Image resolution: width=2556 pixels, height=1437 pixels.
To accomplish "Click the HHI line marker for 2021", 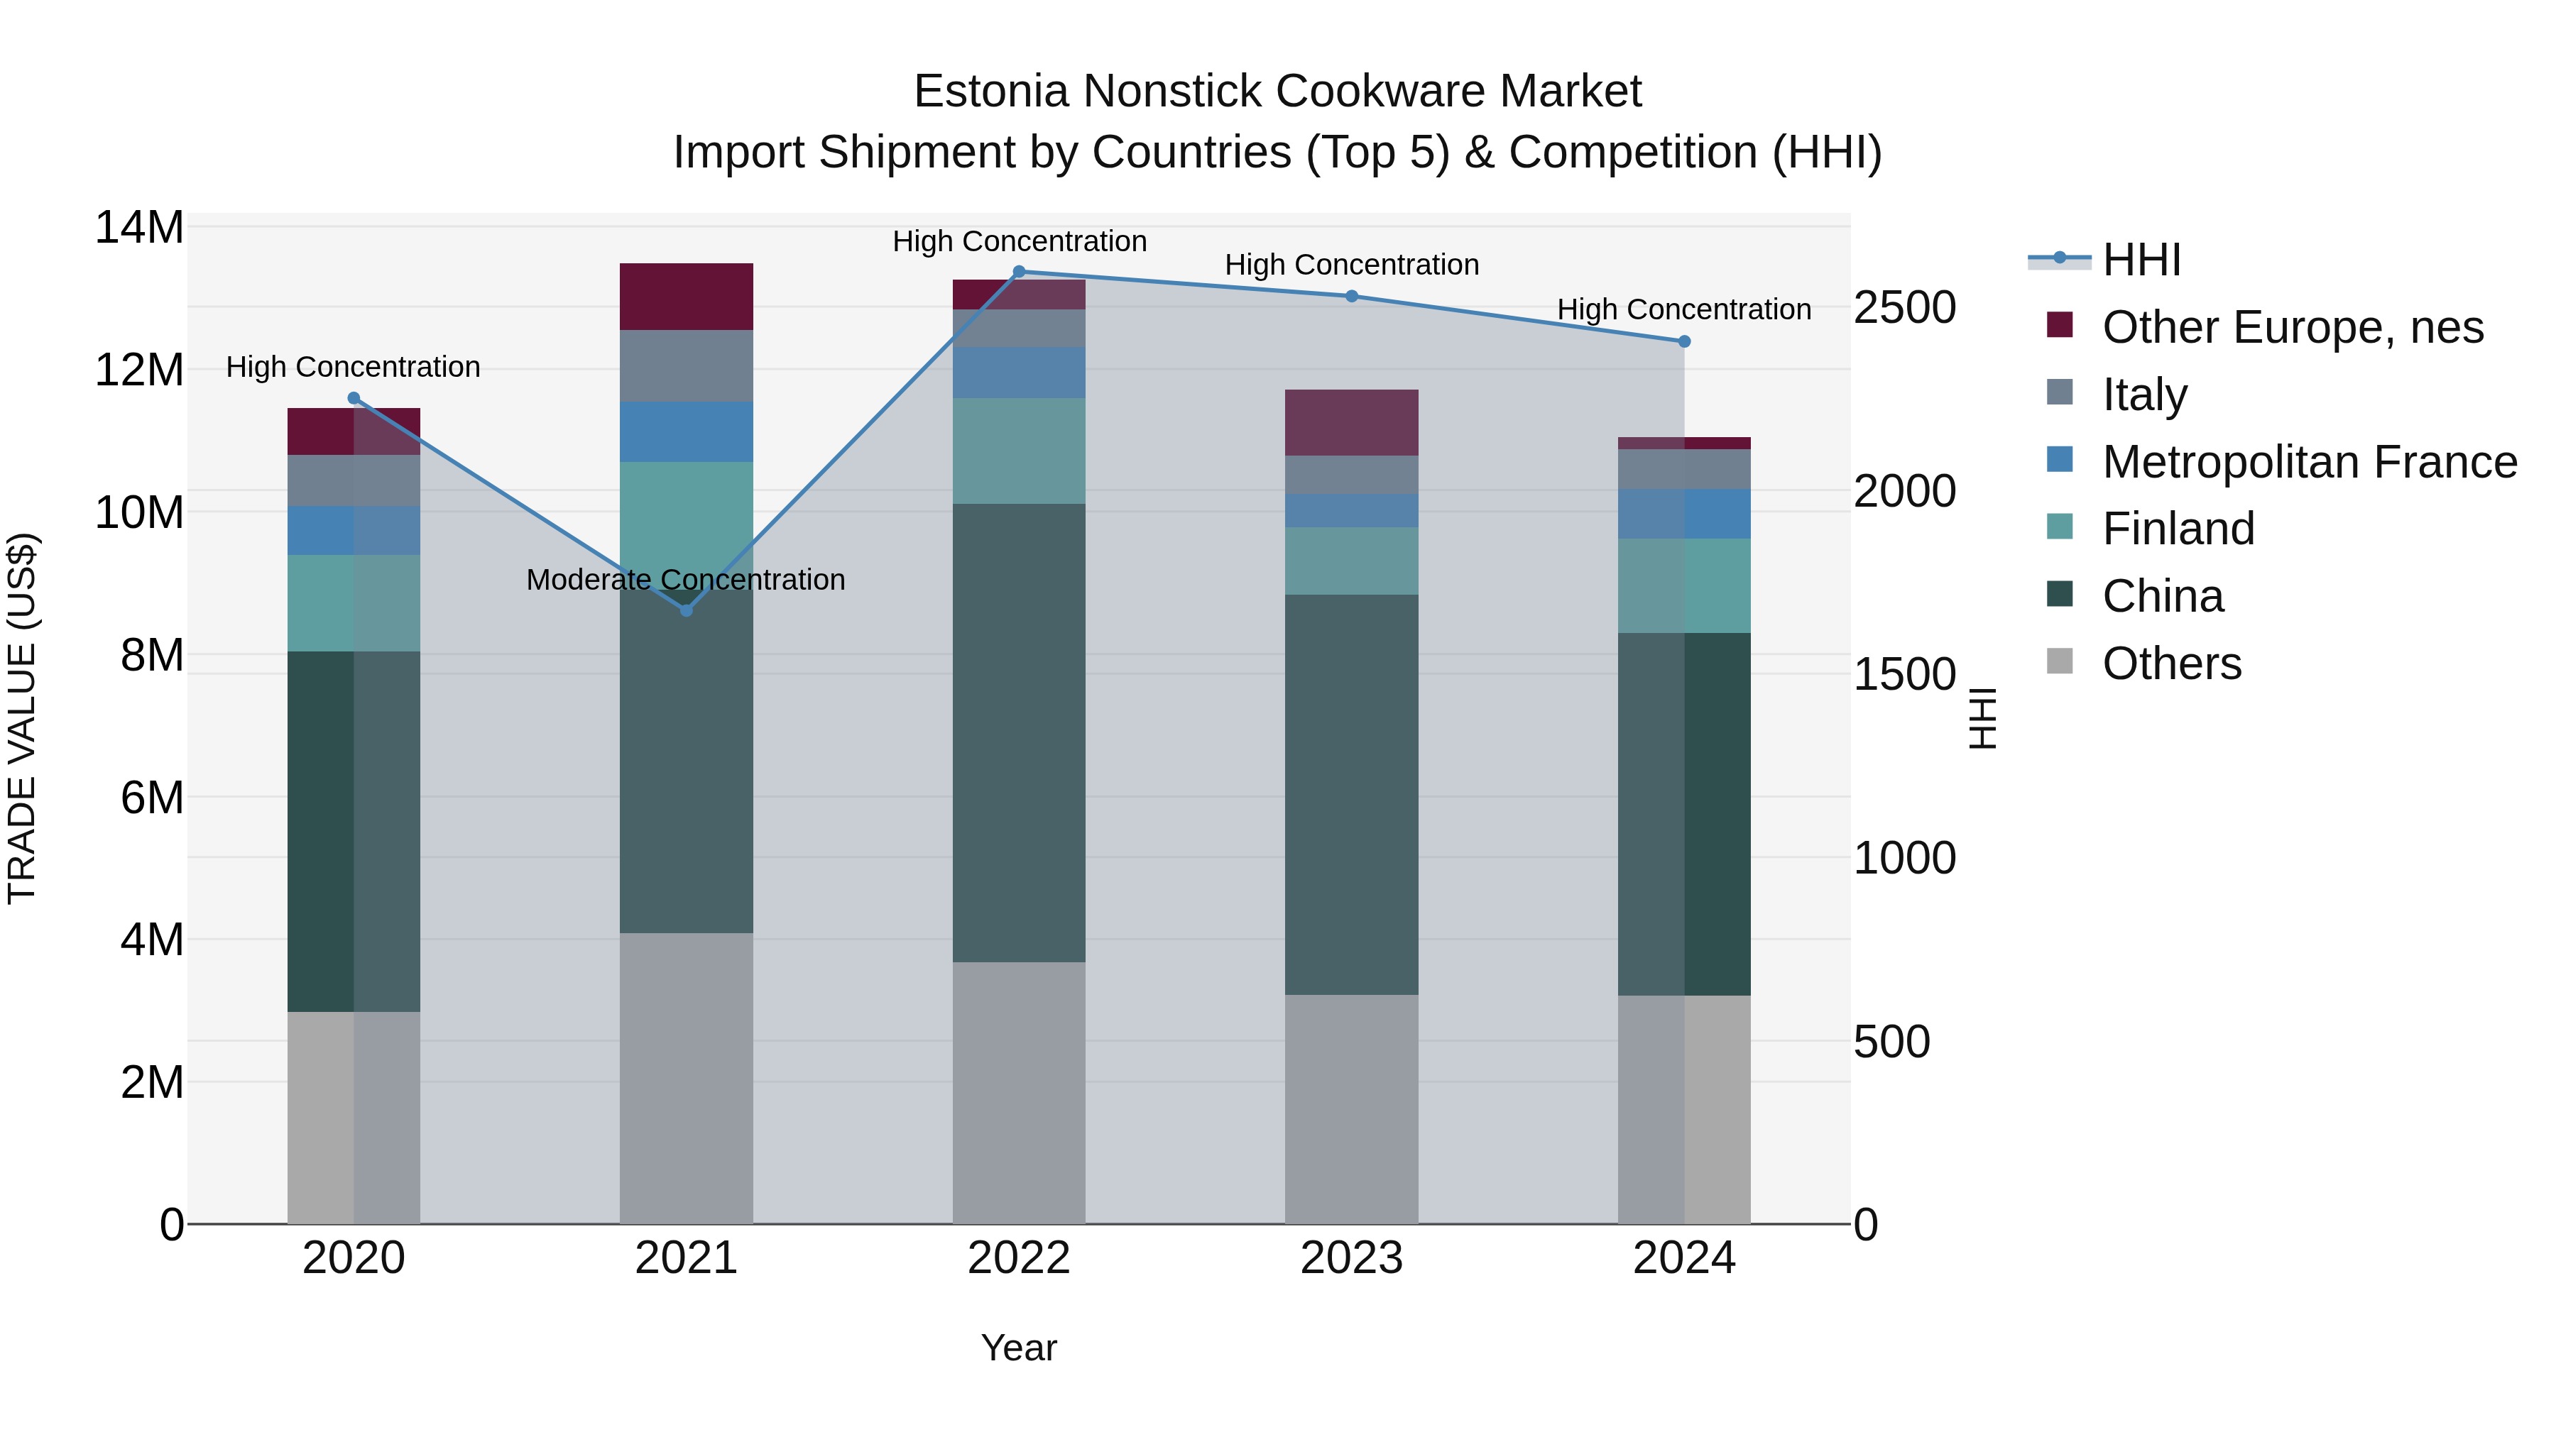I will pyautogui.click(x=686, y=610).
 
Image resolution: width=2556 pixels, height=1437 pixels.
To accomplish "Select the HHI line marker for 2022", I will pyautogui.click(x=1018, y=272).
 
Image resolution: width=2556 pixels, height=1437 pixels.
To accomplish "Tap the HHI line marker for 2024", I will pyautogui.click(x=1684, y=341).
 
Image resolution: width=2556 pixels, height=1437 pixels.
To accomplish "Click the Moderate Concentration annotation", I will pyautogui.click(x=686, y=579).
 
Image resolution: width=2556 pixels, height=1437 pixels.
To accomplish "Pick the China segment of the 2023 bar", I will pyautogui.click(x=1351, y=794).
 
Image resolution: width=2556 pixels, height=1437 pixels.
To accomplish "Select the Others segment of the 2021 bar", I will pyautogui.click(x=686, y=1078).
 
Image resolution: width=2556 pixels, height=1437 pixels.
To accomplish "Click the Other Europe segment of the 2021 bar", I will pyautogui.click(x=686, y=297).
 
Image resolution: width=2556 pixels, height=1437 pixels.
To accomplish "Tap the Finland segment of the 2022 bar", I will pyautogui.click(x=1018, y=451).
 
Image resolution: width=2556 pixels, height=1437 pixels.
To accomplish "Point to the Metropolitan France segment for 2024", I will pyautogui.click(x=1684, y=514).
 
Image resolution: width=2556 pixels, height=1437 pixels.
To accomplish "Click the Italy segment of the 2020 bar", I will pyautogui.click(x=354, y=481).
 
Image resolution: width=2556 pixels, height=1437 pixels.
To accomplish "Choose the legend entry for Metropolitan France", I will pyautogui.click(x=2309, y=462).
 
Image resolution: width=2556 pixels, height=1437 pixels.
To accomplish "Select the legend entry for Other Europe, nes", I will pyautogui.click(x=2292, y=327).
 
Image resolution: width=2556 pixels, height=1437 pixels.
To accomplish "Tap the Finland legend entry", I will pyautogui.click(x=2178, y=529).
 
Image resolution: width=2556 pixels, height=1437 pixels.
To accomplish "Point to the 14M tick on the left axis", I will pyautogui.click(x=139, y=228).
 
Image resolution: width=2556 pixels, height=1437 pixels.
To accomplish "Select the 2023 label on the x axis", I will pyautogui.click(x=1351, y=1258).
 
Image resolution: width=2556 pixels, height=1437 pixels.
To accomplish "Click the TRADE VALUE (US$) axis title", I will pyautogui.click(x=22, y=718).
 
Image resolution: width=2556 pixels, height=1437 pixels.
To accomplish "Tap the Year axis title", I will pyautogui.click(x=1018, y=1348).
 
